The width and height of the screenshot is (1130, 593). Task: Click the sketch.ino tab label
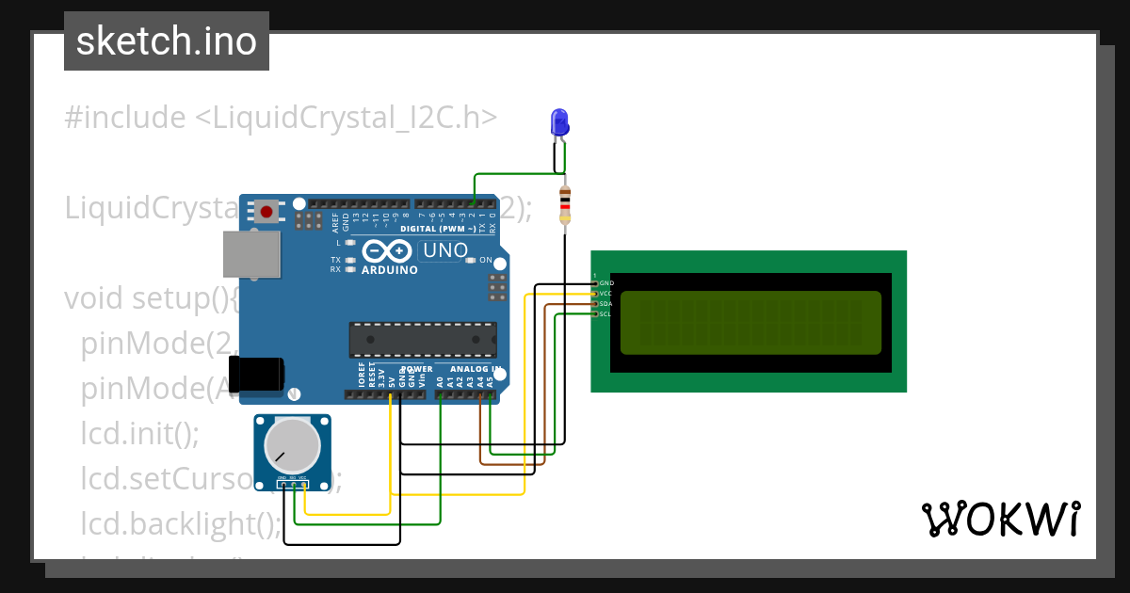pyautogui.click(x=167, y=41)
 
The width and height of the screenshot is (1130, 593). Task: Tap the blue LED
pyautogui.click(x=559, y=121)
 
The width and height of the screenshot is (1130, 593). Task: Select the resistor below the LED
pyautogui.click(x=564, y=206)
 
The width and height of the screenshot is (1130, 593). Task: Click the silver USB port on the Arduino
pyautogui.click(x=251, y=255)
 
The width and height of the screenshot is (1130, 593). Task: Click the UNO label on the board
pyautogui.click(x=445, y=250)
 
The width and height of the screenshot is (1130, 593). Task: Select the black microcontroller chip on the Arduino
pyautogui.click(x=423, y=339)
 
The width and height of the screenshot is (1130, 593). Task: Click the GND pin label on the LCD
pyautogui.click(x=606, y=283)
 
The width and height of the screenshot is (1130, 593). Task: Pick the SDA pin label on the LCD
pyautogui.click(x=606, y=304)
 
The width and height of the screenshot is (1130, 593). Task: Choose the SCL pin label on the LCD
pyautogui.click(x=605, y=314)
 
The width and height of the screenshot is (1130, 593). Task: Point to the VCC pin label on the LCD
pyautogui.click(x=605, y=294)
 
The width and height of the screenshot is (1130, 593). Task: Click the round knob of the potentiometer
pyautogui.click(x=292, y=445)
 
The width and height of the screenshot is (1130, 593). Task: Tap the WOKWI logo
pyautogui.click(x=1001, y=519)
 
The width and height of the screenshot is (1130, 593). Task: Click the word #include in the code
pyautogui.click(x=125, y=118)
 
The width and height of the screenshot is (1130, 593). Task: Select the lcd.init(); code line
pyautogui.click(x=140, y=435)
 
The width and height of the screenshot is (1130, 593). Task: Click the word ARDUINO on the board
pyautogui.click(x=390, y=270)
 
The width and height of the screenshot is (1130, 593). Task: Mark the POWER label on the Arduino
pyautogui.click(x=416, y=369)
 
